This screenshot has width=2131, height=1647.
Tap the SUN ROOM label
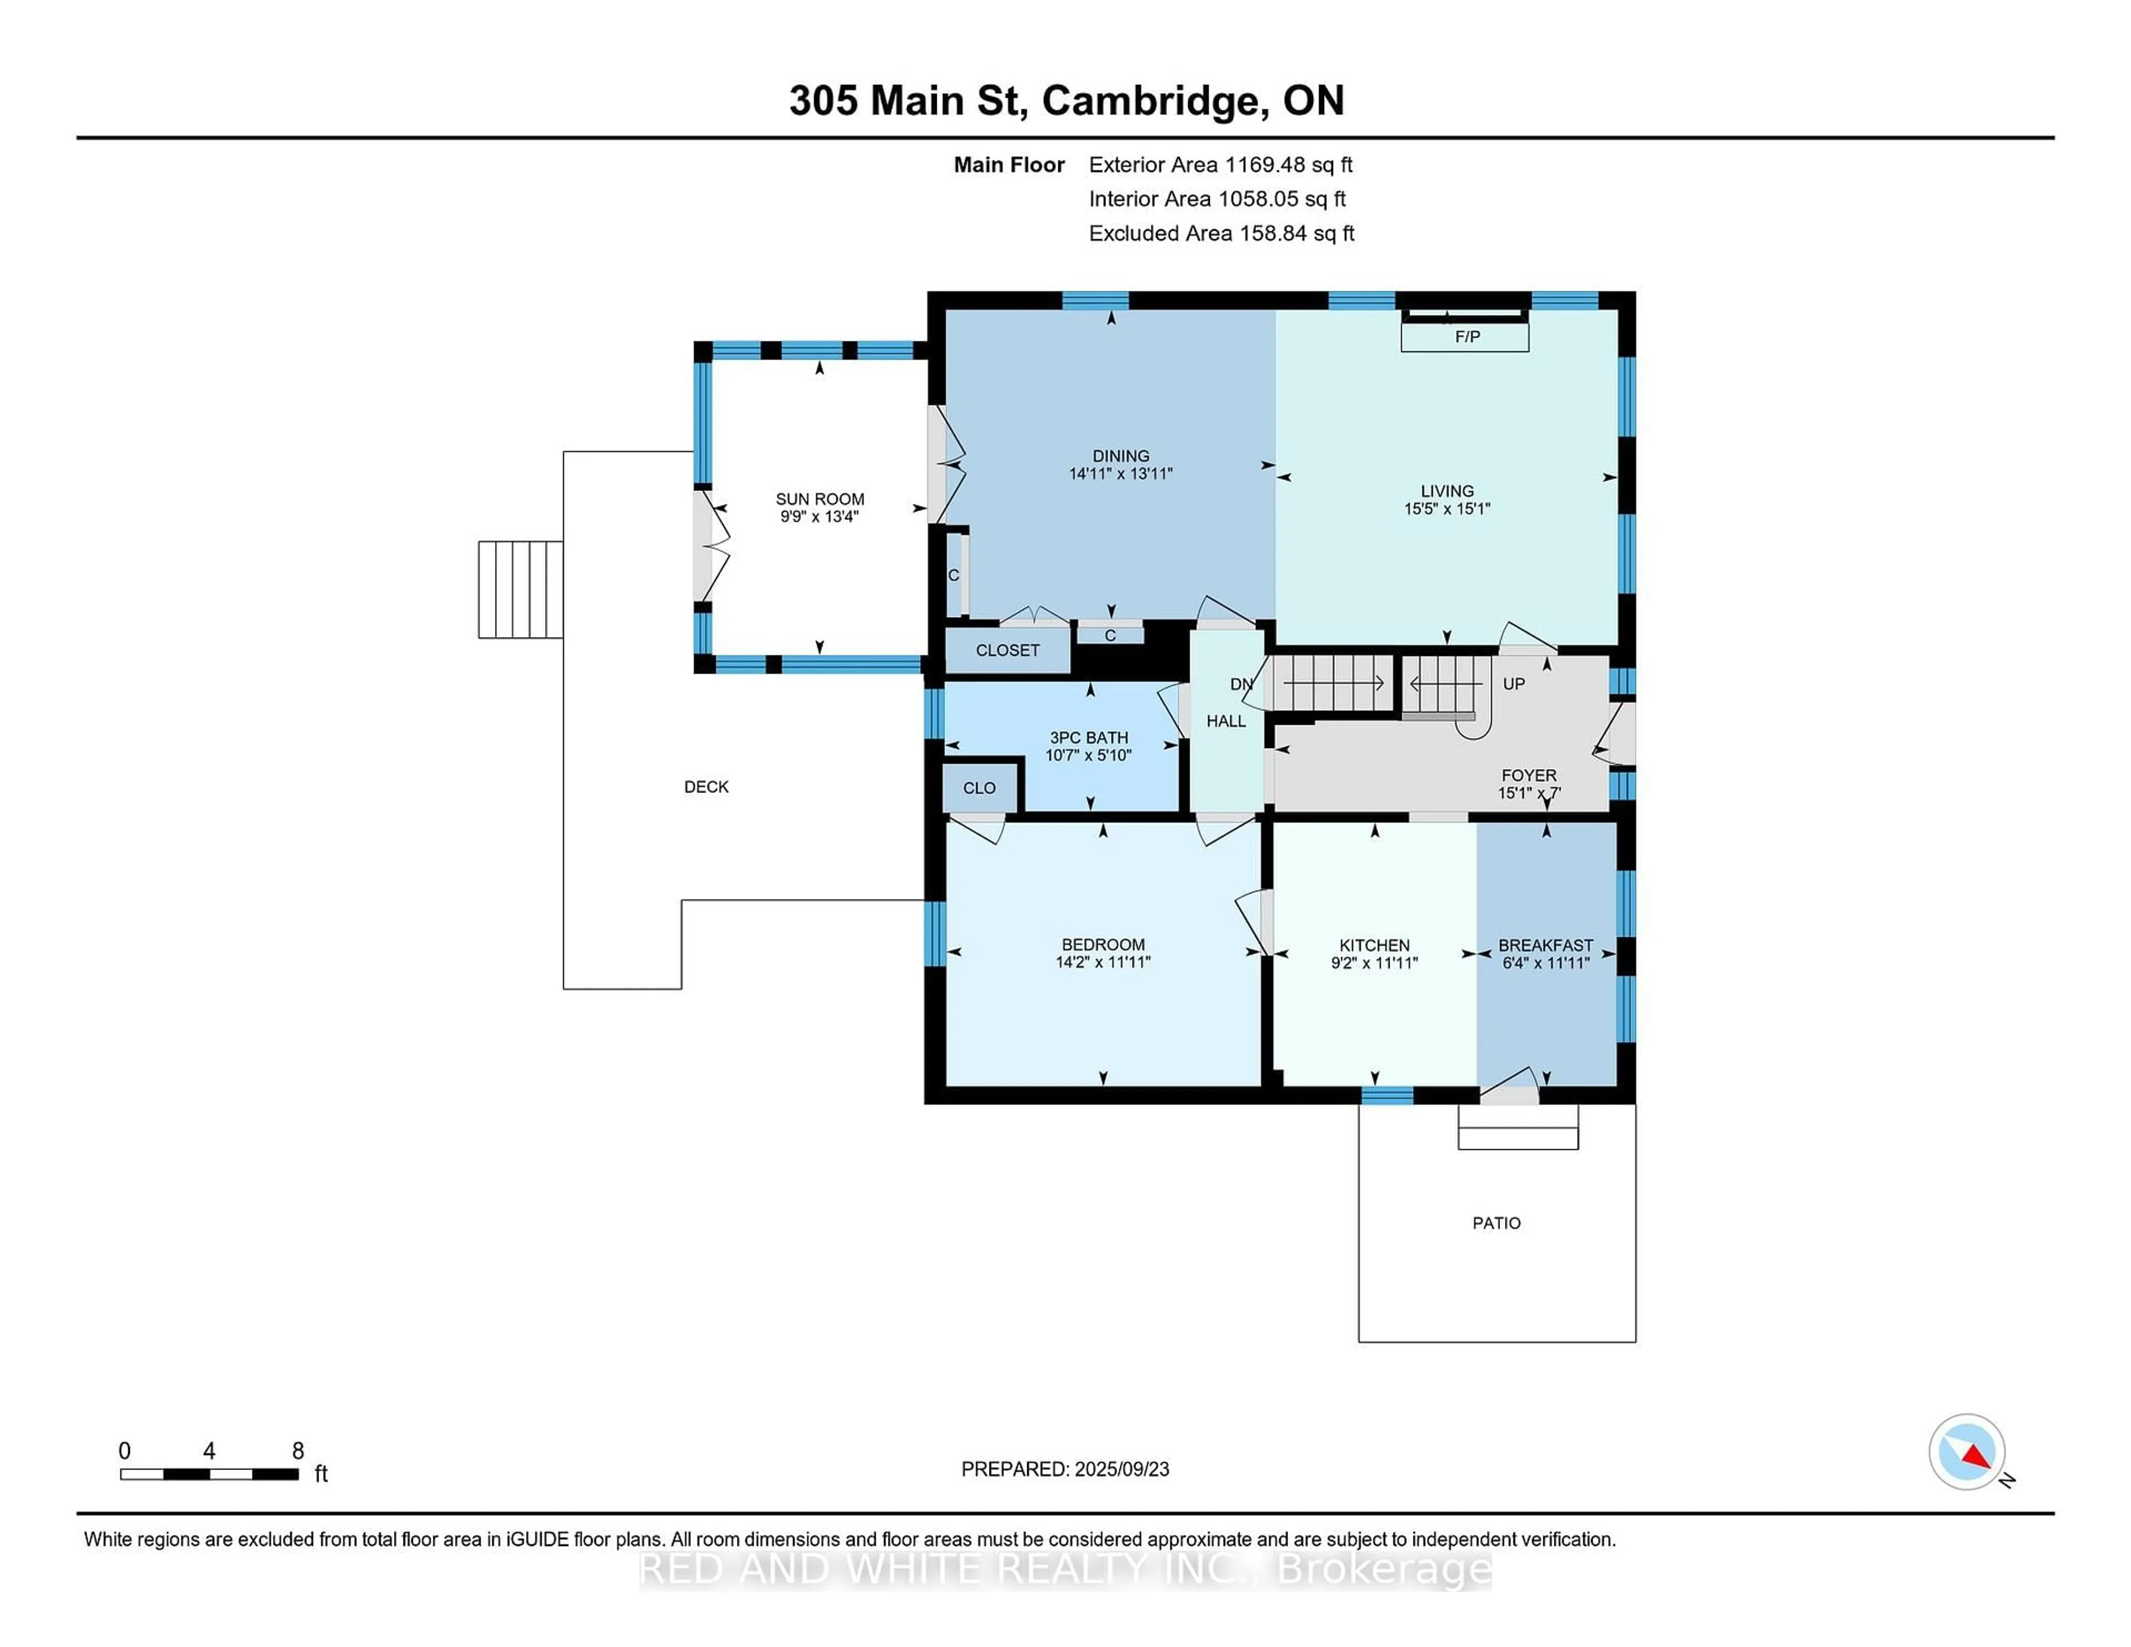[820, 498]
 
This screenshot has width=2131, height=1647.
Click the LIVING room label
[1446, 491]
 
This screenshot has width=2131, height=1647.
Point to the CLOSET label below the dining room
[1007, 650]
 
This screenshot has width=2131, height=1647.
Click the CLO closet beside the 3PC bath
[979, 787]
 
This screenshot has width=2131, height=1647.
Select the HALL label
[1225, 721]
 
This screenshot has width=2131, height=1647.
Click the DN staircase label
[1240, 685]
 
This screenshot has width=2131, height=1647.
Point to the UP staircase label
[1513, 684]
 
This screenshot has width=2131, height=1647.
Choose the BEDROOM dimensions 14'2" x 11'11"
[1103, 962]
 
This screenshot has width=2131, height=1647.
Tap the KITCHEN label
[1374, 944]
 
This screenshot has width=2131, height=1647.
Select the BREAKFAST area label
[1546, 944]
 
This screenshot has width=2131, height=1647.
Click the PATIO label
[1496, 1222]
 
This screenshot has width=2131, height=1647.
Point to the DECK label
[705, 786]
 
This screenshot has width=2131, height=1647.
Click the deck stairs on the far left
[520, 589]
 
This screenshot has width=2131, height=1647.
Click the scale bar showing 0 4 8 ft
[210, 1473]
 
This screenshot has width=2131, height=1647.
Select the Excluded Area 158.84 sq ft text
[1221, 233]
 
